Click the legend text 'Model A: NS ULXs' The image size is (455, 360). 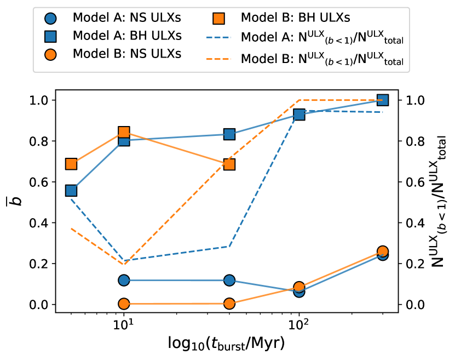point(126,18)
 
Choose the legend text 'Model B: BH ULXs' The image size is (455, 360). point(295,18)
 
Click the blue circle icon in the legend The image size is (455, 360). point(51,18)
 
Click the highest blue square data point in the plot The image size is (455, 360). point(383,100)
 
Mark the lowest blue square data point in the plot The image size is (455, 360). point(71,190)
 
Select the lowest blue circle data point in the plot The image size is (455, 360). point(299,292)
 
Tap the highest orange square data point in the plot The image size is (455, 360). point(124,132)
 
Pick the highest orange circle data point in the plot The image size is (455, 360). point(383,251)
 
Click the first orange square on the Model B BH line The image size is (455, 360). point(71,164)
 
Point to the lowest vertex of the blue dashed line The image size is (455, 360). point(125,260)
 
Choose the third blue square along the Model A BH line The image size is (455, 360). point(229,134)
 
